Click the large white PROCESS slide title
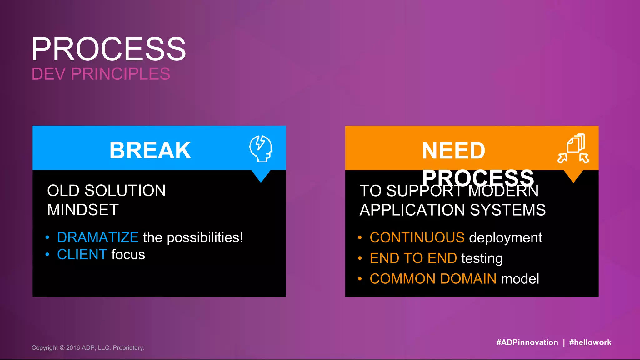tap(108, 49)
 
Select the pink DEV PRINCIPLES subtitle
tap(101, 74)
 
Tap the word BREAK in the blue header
tap(150, 150)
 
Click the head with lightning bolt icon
tap(261, 148)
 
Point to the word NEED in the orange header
tap(453, 151)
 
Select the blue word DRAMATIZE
tap(98, 237)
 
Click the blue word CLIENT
tap(82, 254)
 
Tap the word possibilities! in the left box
tap(205, 238)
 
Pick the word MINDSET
tap(83, 210)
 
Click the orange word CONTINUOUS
tap(417, 238)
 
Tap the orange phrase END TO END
tap(413, 258)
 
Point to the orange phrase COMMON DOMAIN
tap(433, 279)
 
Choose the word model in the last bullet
tap(520, 279)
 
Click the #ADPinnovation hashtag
tap(527, 342)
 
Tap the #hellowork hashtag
tap(590, 342)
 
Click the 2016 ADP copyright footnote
tap(88, 348)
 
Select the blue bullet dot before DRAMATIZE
tap(47, 237)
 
